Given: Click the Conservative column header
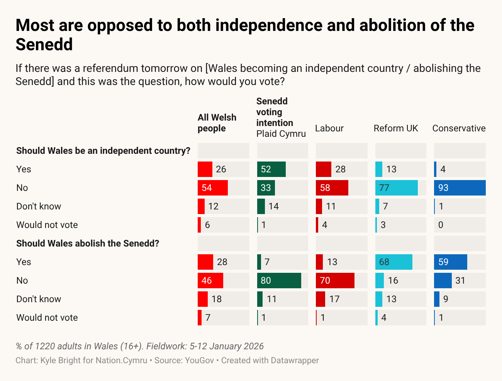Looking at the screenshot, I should [x=459, y=128].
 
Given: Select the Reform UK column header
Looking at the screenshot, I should [x=396, y=128].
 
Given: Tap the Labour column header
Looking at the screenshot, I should [x=329, y=128].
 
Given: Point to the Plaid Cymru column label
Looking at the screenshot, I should [x=281, y=134].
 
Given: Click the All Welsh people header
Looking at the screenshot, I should [x=217, y=123].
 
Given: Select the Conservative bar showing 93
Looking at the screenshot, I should [x=460, y=188].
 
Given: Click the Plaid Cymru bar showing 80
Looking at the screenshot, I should [x=279, y=281].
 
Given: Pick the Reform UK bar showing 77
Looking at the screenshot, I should [x=397, y=188].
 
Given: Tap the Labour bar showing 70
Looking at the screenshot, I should [x=335, y=281].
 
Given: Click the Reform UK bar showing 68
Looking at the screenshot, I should [x=394, y=262].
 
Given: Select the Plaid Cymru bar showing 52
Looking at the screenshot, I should [x=271, y=169].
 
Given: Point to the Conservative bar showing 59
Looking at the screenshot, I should [x=451, y=262].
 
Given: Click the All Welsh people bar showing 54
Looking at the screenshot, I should [x=213, y=188].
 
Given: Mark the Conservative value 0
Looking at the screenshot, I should [x=441, y=225].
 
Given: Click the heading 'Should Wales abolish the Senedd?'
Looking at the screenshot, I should [x=88, y=243].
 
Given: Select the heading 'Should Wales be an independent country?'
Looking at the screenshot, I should [x=103, y=151].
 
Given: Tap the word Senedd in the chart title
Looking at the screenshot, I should [x=44, y=44].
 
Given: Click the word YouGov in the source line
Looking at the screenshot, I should [x=199, y=361].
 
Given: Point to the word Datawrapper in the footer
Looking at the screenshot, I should [x=295, y=361].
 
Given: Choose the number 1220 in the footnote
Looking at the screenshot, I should [x=46, y=346].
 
